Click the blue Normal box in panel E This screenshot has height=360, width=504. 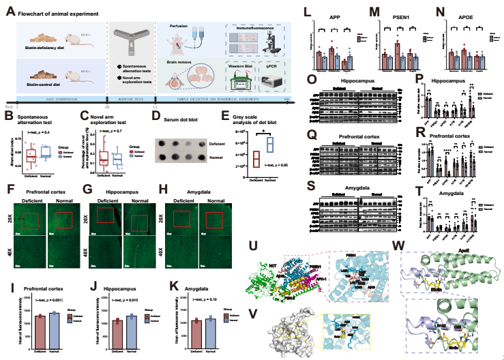[x=269, y=145]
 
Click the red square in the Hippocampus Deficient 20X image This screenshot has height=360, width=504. [x=105, y=216]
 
